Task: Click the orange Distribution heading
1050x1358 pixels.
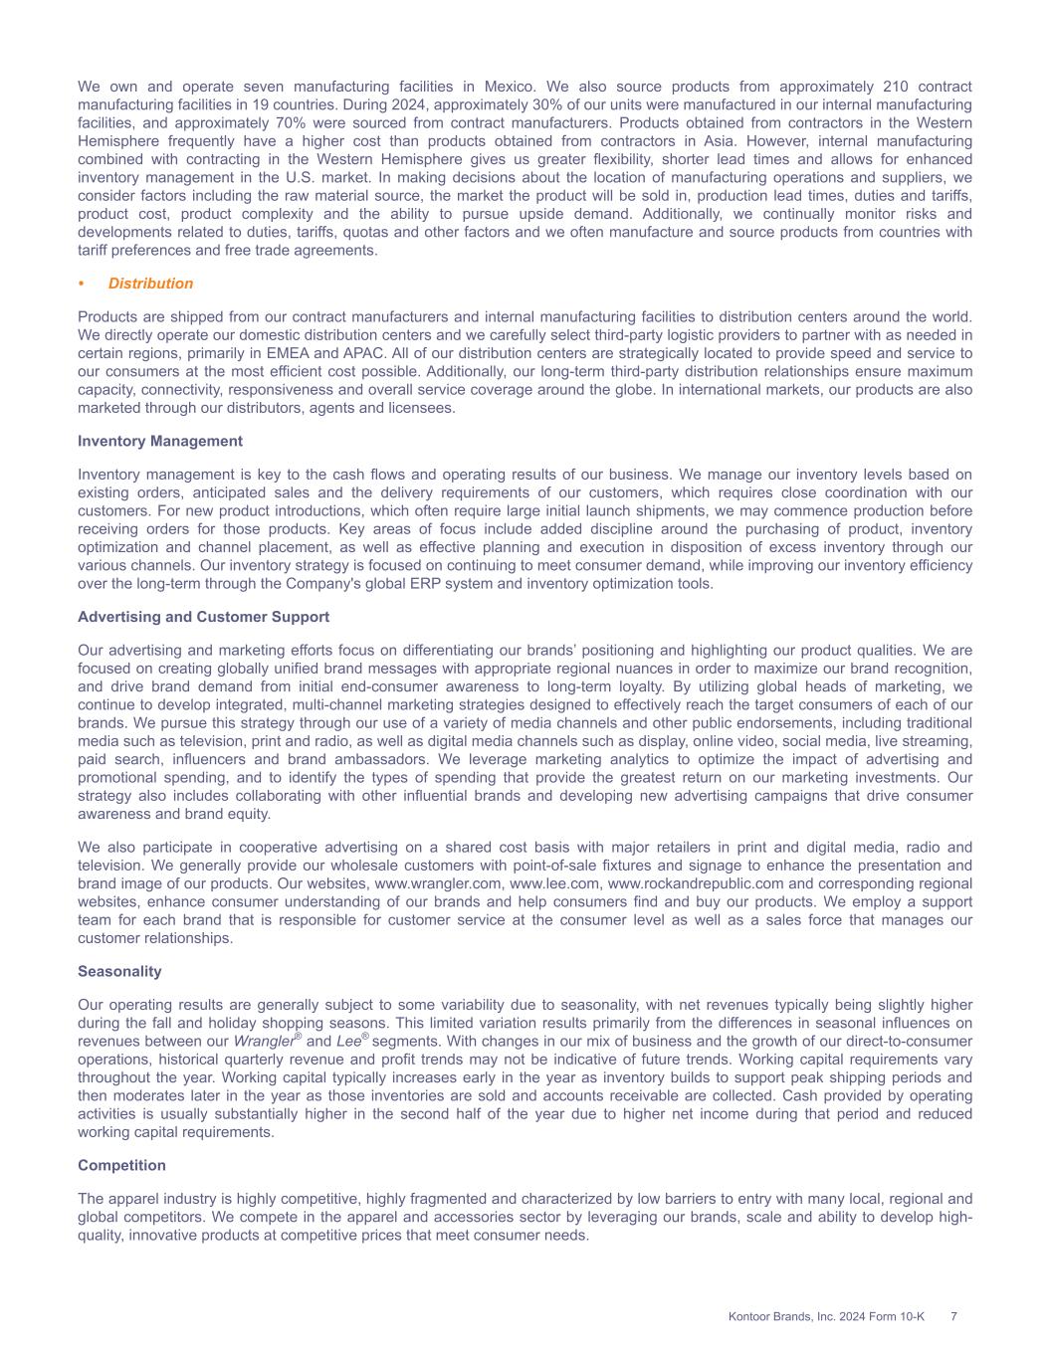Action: (150, 284)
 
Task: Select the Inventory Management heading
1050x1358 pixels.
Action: (160, 441)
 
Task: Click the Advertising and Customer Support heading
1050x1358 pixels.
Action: (203, 617)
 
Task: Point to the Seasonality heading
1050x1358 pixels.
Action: (119, 971)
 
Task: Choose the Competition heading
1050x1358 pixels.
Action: (123, 1165)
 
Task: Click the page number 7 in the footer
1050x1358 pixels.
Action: (953, 1316)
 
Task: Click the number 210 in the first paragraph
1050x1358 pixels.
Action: (896, 87)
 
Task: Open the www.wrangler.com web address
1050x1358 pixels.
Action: (439, 883)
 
